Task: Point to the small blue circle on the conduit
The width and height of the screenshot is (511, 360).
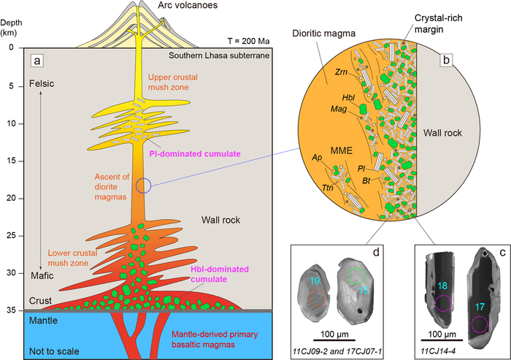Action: pos(144,185)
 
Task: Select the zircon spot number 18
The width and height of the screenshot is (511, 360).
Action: pos(442,285)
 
